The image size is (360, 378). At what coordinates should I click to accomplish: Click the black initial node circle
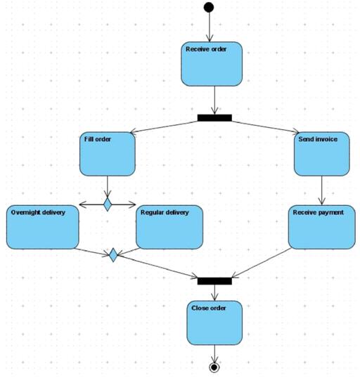point(208,8)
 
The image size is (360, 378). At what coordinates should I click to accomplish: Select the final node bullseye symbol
point(214,367)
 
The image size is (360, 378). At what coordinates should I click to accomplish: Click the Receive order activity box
point(212,64)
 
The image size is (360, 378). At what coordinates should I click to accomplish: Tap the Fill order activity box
point(107,154)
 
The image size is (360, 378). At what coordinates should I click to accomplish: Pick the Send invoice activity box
point(321,154)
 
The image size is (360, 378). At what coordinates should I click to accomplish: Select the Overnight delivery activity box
point(42,226)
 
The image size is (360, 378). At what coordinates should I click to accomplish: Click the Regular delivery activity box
point(169,226)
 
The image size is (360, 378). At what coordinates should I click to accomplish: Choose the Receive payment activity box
point(321,226)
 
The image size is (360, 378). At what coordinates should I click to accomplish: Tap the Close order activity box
point(214,322)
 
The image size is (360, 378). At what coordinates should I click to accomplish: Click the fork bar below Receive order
point(214,117)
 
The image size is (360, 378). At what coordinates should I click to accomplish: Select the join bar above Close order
point(214,281)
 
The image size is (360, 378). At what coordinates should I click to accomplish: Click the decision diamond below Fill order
point(108,204)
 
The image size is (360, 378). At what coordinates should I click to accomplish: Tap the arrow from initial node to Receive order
point(209,27)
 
